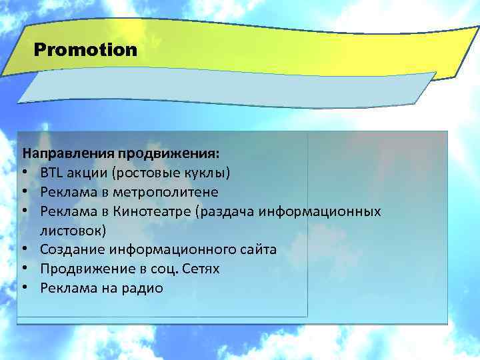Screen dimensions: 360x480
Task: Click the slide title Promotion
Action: [85, 50]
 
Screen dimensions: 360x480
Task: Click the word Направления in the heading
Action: [59, 154]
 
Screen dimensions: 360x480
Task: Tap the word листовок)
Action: [72, 231]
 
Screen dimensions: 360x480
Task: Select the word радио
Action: [143, 289]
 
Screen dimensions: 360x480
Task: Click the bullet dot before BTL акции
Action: [24, 174]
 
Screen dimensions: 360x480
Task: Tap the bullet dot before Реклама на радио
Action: [24, 289]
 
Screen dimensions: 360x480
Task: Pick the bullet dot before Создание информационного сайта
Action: [24, 251]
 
